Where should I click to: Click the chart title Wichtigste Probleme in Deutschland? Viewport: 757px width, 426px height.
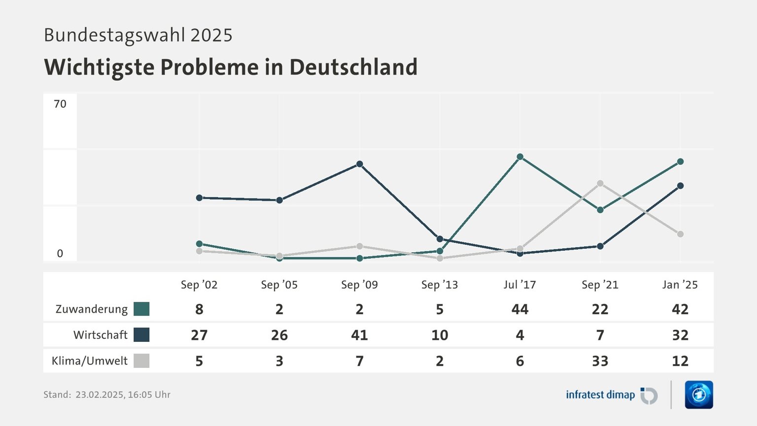click(x=231, y=67)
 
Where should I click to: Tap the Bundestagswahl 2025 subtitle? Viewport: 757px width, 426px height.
click(x=138, y=35)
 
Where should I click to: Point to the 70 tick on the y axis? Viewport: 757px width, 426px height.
click(x=60, y=104)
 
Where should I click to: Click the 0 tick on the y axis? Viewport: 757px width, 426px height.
click(x=60, y=254)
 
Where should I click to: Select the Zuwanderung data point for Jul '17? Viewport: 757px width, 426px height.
click(x=520, y=157)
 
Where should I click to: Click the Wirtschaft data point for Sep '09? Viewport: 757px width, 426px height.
click(x=360, y=164)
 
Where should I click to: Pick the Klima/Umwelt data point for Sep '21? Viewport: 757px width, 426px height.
click(x=600, y=183)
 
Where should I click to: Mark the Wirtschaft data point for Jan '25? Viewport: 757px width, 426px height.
click(x=680, y=186)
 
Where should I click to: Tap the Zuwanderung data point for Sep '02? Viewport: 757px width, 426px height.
click(x=199, y=244)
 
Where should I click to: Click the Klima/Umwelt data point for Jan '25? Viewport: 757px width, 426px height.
click(x=680, y=234)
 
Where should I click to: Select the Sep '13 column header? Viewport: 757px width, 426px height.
click(x=440, y=285)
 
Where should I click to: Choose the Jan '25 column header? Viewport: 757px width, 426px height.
click(x=680, y=285)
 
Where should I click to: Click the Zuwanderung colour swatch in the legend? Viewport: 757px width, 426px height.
click(x=141, y=309)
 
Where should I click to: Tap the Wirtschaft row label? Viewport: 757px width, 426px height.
click(x=101, y=335)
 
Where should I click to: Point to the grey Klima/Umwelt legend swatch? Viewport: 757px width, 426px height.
click(x=141, y=361)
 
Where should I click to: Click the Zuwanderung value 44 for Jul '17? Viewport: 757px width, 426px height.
click(x=520, y=309)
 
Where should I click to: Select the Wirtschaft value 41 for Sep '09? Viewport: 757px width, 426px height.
click(x=360, y=335)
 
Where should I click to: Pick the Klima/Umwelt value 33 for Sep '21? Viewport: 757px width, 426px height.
click(x=600, y=361)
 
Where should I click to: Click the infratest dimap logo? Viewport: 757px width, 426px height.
click(x=611, y=395)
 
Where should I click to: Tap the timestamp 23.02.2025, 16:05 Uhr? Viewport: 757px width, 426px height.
click(x=123, y=394)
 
